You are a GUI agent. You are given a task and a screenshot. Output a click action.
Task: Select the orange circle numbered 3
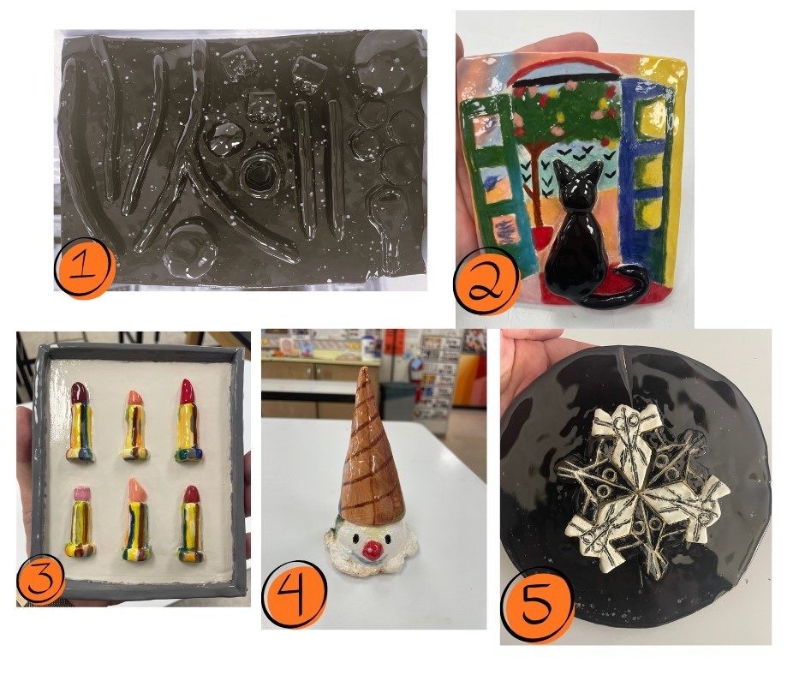point(41,579)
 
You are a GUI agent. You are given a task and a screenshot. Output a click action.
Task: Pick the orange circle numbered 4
point(295,594)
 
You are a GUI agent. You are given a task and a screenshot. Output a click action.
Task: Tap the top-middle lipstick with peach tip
point(135,424)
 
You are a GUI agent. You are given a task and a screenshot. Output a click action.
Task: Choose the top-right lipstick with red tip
point(188,421)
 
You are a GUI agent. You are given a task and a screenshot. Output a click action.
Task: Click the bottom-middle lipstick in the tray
point(137,519)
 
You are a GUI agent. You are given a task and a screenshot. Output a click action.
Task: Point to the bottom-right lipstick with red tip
point(190,523)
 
